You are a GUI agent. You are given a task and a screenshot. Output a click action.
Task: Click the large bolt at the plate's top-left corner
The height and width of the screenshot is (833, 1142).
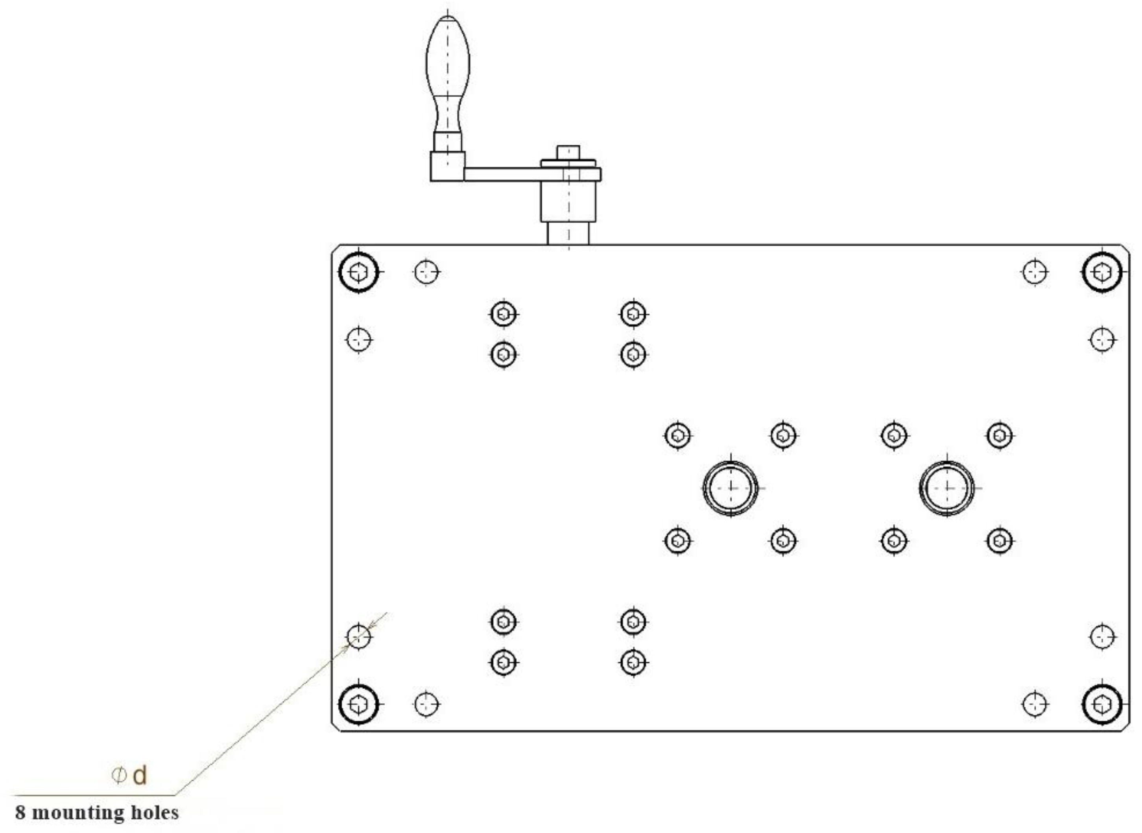click(x=358, y=272)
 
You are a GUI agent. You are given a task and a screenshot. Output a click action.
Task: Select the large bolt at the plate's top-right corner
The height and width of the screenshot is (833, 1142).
click(x=1102, y=272)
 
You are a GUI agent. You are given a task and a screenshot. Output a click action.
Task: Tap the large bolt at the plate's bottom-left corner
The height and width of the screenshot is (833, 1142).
click(x=358, y=704)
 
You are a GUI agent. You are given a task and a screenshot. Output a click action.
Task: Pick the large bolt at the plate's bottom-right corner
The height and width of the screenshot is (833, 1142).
click(x=1102, y=704)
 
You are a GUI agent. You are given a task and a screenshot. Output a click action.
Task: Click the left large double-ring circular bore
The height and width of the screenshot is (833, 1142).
click(x=731, y=488)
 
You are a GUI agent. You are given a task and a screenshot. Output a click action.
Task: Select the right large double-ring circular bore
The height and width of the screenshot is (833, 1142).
click(x=947, y=488)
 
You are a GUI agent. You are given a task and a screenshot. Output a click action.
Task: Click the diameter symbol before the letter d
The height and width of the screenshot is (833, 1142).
click(x=118, y=775)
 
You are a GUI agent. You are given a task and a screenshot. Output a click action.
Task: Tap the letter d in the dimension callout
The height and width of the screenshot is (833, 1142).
click(x=140, y=775)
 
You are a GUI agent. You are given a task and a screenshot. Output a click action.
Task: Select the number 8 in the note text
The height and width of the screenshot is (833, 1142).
click(x=20, y=812)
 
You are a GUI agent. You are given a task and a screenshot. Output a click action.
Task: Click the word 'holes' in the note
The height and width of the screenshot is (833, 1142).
click(x=154, y=812)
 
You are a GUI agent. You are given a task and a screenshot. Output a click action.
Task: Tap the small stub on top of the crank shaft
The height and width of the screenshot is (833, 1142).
click(x=568, y=152)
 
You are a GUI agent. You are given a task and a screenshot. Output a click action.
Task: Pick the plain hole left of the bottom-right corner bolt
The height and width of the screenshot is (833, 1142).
click(x=1035, y=704)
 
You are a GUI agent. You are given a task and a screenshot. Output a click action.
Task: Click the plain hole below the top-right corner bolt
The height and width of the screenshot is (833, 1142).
click(x=1102, y=340)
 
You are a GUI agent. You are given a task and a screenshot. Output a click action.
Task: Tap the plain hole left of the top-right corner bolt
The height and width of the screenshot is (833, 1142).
click(x=1035, y=272)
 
